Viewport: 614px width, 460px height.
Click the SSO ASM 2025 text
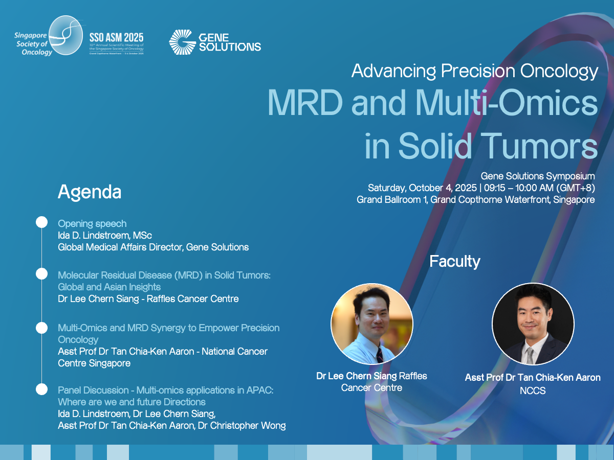[116, 37]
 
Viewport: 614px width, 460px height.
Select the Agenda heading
[90, 192]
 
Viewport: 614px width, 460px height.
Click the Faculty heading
[454, 262]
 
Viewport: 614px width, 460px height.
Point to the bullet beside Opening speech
[41, 222]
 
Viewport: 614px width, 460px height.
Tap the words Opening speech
[92, 223]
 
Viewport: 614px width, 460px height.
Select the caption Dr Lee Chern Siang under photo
[357, 376]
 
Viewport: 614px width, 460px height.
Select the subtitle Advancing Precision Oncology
[474, 71]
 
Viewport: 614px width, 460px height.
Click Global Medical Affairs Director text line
[153, 247]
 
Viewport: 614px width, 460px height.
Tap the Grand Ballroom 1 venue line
[475, 200]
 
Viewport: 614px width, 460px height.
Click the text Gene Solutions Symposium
[537, 176]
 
